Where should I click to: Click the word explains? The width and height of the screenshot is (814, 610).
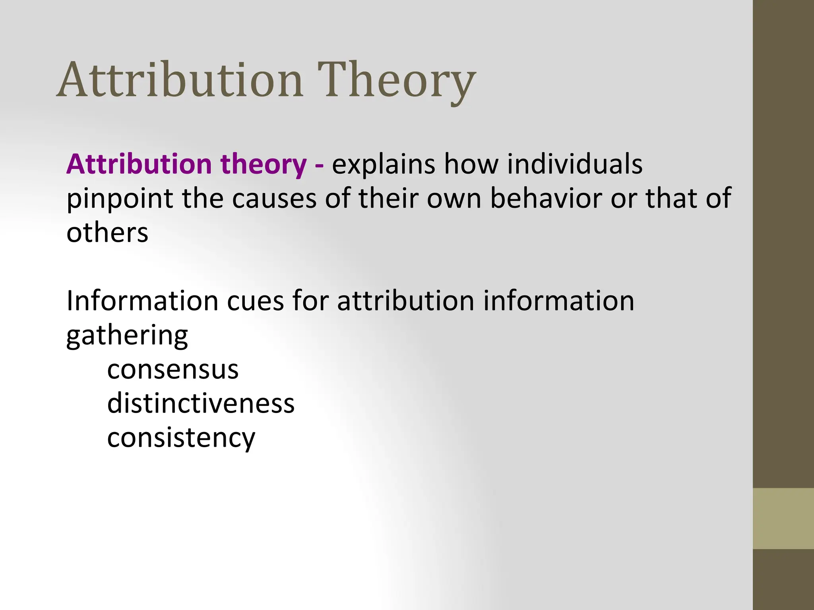click(383, 164)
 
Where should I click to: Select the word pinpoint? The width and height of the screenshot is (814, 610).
click(119, 199)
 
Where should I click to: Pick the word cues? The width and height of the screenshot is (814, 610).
click(255, 301)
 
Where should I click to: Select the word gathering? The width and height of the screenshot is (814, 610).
click(127, 336)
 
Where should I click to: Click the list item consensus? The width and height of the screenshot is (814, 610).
click(173, 369)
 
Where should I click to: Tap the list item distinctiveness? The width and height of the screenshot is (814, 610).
click(201, 403)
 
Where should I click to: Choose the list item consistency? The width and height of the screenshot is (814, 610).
click(181, 438)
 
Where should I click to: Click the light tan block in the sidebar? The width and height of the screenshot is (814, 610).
click(783, 518)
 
